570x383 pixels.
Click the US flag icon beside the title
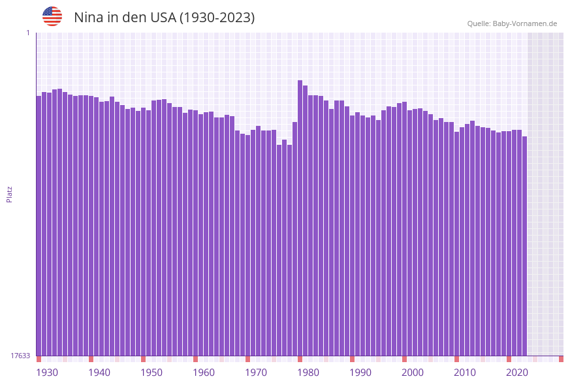[x=52, y=16]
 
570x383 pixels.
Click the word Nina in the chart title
[x=88, y=18]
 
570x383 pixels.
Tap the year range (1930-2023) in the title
[x=217, y=18]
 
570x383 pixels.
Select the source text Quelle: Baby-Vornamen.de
[x=512, y=23]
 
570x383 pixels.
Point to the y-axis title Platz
[x=10, y=194]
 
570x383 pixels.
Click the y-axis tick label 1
[x=28, y=33]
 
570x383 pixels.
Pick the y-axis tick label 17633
[x=20, y=356]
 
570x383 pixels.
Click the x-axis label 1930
[x=47, y=373]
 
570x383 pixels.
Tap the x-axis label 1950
[x=151, y=373]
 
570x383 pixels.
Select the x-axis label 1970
[x=256, y=373]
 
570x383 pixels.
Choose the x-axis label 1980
[x=308, y=373]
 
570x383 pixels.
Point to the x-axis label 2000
[x=413, y=373]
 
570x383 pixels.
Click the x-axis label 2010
[x=465, y=373]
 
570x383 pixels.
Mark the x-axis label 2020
[x=517, y=373]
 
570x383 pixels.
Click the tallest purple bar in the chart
[x=300, y=215]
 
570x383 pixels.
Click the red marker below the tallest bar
[x=300, y=359]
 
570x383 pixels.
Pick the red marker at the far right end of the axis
[x=561, y=359]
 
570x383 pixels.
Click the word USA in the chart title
[x=161, y=18]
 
